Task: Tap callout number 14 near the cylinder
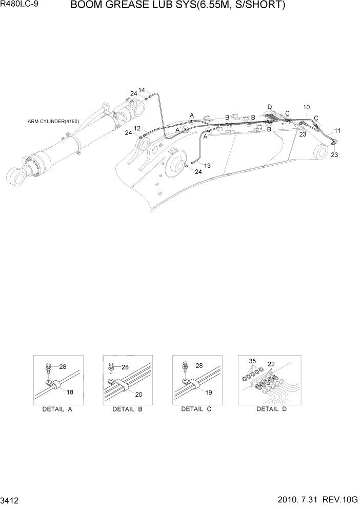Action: pos(142,90)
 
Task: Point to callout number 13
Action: pos(207,165)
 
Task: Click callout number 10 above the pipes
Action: pos(306,107)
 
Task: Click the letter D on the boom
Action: pos(269,107)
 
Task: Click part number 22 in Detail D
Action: pos(271,364)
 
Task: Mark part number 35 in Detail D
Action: pos(252,361)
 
